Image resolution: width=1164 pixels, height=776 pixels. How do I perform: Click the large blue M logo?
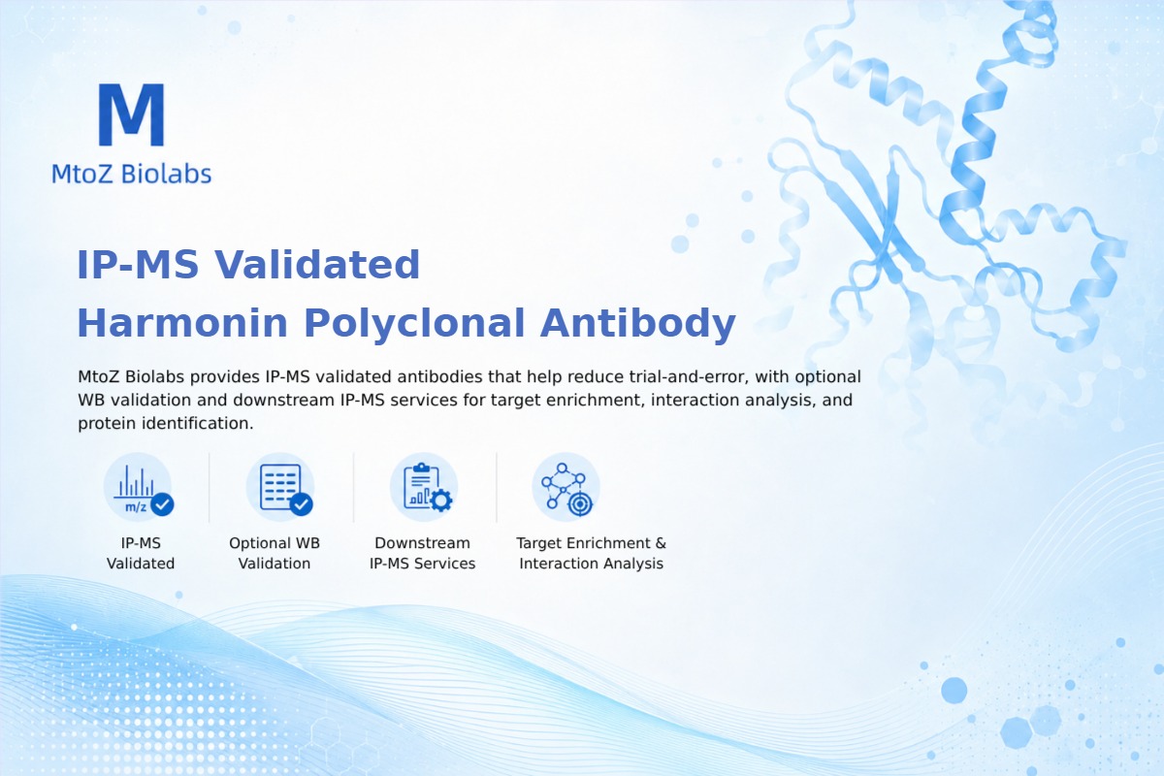coord(132,114)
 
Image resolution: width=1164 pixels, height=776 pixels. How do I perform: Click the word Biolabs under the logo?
coord(166,174)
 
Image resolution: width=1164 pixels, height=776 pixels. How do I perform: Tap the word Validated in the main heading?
coord(317,265)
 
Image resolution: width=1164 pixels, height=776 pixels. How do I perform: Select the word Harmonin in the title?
coord(182,323)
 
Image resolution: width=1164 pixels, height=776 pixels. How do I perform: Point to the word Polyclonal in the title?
coord(414,324)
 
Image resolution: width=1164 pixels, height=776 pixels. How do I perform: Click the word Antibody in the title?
coord(637,324)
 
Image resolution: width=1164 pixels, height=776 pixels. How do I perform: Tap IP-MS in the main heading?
coord(138,265)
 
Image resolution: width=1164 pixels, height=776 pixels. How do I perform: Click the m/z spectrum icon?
coord(138,487)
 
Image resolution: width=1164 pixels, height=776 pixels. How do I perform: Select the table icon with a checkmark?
coord(280,487)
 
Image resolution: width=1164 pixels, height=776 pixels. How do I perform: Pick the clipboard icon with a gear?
coord(424,487)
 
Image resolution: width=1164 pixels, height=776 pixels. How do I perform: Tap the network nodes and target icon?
coord(566,487)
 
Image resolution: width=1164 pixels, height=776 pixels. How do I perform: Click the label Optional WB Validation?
coord(275,553)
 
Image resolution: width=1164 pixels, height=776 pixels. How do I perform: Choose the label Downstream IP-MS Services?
coord(423,553)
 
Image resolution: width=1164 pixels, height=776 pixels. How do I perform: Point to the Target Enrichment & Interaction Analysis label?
coord(592,553)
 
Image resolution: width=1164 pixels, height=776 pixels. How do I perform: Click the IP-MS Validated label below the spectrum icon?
coord(141,553)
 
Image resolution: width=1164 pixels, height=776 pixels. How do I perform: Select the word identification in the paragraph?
coord(198,423)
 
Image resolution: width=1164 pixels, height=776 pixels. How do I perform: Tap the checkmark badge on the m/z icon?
coord(162,503)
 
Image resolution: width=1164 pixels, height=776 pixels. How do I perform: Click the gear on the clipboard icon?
coord(440,501)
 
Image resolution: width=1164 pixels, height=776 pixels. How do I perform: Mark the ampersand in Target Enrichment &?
coord(661,543)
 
